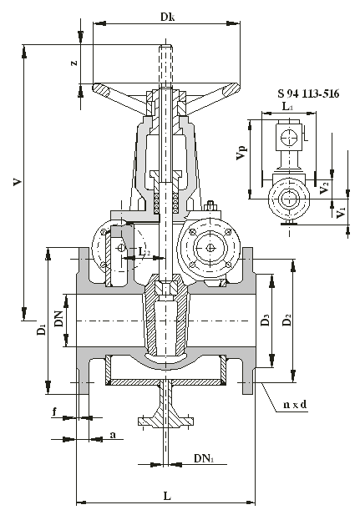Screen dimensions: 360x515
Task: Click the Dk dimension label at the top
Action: tap(167, 17)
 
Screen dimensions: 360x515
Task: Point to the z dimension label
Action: tap(74, 62)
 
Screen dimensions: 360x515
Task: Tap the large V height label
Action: tap(18, 182)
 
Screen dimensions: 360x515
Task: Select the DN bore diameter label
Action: tap(58, 319)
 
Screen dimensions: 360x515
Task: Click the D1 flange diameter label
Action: tap(42, 330)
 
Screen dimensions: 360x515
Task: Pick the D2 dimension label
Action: tap(287, 320)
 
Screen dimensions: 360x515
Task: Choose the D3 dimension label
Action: tap(266, 320)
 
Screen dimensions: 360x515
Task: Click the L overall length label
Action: tap(167, 496)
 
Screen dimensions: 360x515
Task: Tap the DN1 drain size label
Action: tap(204, 458)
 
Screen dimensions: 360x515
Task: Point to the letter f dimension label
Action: tap(54, 411)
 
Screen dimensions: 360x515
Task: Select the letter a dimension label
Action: tap(113, 435)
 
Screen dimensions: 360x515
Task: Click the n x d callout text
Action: tap(295, 405)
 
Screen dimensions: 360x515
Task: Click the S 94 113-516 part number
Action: tap(308, 93)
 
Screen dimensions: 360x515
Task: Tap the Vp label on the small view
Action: tap(241, 153)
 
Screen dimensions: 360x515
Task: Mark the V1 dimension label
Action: tap(342, 213)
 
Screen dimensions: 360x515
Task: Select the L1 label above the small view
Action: tap(287, 106)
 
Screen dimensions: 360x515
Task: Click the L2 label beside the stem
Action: tap(144, 252)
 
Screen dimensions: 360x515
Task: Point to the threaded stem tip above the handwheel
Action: tap(166, 47)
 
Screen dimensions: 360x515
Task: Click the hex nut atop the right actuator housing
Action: tap(210, 207)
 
